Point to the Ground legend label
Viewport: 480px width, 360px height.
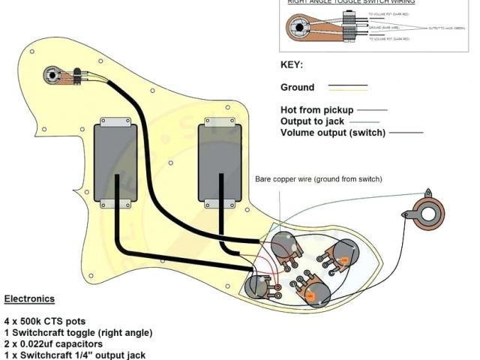tap(298, 87)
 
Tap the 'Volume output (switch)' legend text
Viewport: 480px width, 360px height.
tap(332, 133)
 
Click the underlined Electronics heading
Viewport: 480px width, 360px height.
tap(29, 298)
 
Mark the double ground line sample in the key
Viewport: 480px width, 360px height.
tap(345, 87)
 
